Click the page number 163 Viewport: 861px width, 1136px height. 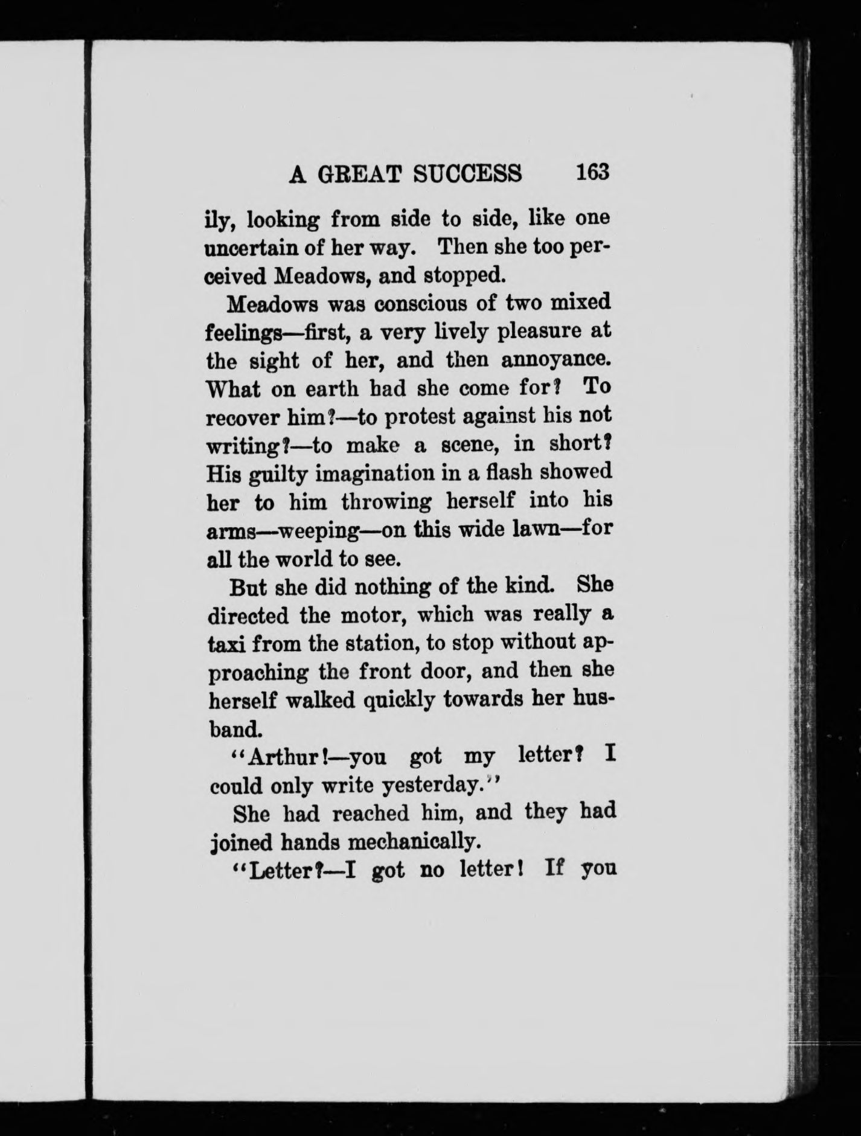[593, 172]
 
